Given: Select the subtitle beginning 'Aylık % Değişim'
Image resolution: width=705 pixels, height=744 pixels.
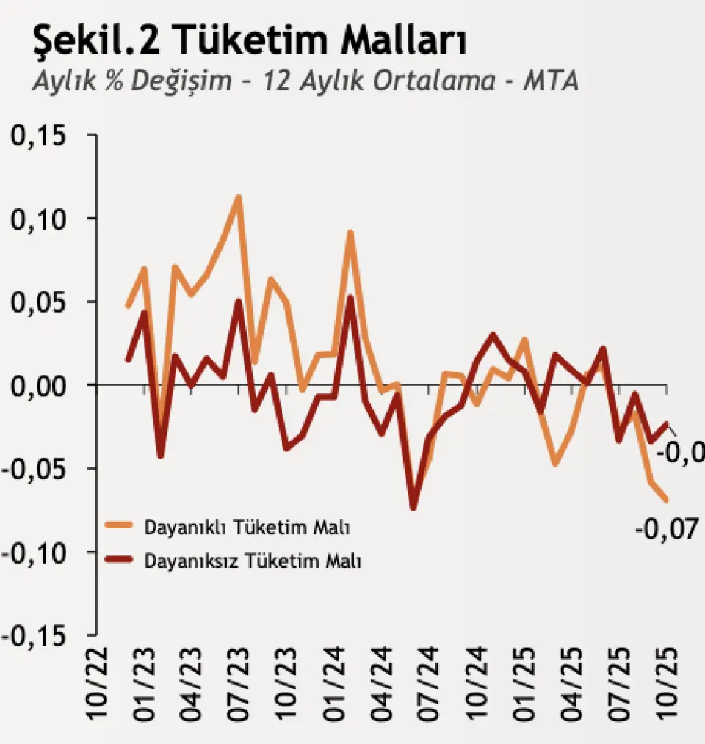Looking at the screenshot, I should coord(305,81).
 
